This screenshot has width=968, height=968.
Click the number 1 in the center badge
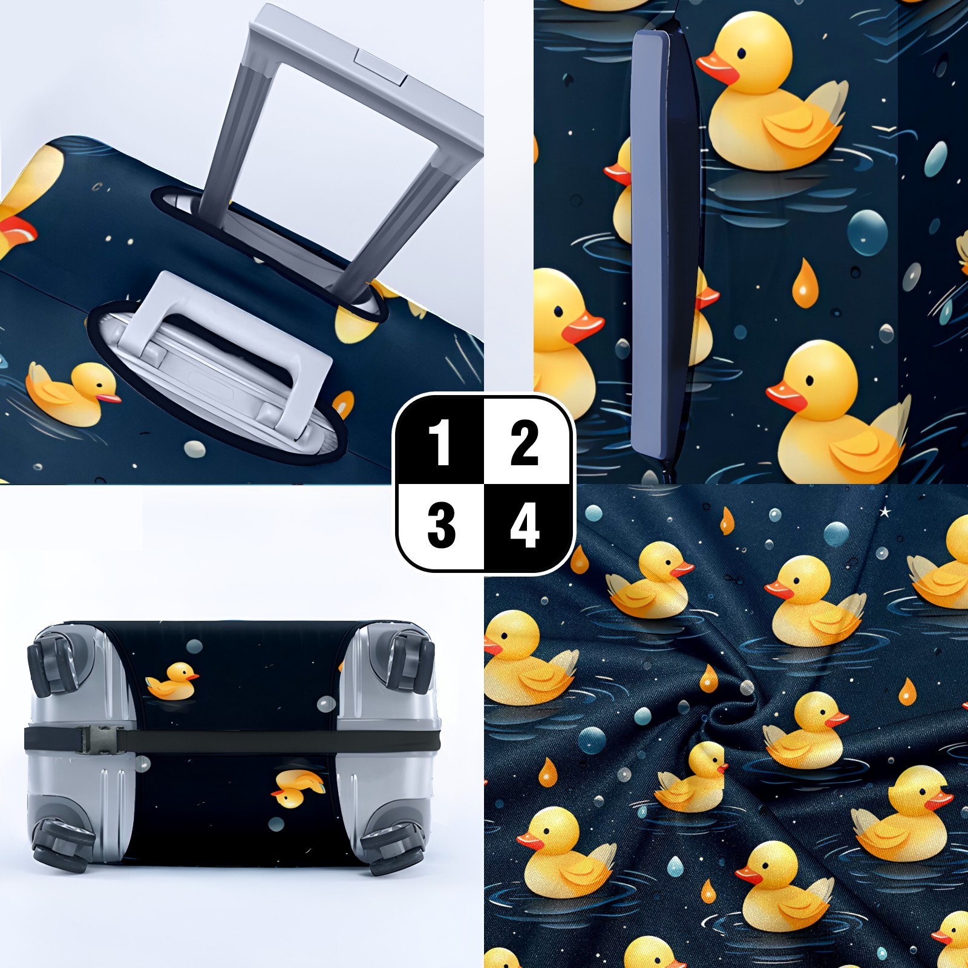(440, 443)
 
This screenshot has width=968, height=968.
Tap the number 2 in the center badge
(524, 443)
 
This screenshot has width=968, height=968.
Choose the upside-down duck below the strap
(297, 788)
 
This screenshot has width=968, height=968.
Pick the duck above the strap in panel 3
(173, 682)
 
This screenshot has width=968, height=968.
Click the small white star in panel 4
(885, 512)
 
